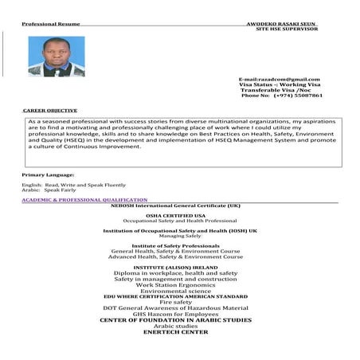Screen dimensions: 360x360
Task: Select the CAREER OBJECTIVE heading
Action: [50, 110]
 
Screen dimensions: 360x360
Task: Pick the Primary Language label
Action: [48, 174]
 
